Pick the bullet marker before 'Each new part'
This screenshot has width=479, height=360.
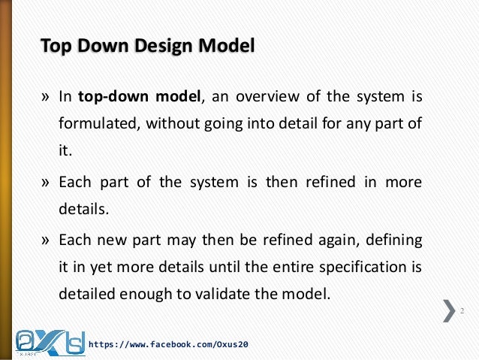(45, 240)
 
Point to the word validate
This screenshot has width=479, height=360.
(215, 293)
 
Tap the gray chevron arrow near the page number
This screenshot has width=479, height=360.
(449, 310)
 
